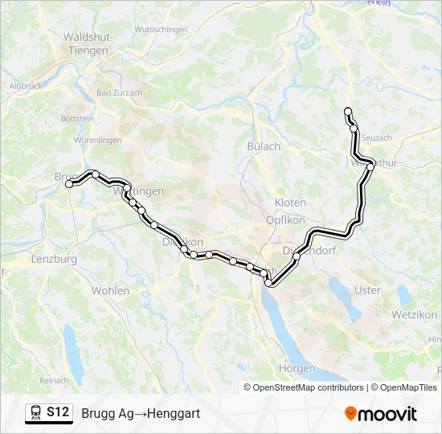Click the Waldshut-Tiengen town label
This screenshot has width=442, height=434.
pyautogui.click(x=88, y=43)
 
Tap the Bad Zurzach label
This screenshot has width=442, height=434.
pyautogui.click(x=119, y=92)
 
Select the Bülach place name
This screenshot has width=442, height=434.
pyautogui.click(x=264, y=146)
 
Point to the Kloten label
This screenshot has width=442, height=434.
pyautogui.click(x=290, y=203)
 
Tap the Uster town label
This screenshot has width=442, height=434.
pyautogui.click(x=367, y=290)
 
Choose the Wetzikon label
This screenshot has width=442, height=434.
pyautogui.click(x=415, y=313)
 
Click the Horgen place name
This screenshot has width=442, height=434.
pyautogui.click(x=297, y=368)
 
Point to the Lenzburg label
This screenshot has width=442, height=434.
pyautogui.click(x=54, y=260)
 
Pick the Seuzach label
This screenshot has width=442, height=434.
pyautogui.click(x=377, y=138)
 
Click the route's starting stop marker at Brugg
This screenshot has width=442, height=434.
pyautogui.click(x=69, y=184)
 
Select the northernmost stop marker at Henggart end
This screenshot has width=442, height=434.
pyautogui.click(x=348, y=111)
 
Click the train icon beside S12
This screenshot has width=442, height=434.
pyautogui.click(x=36, y=413)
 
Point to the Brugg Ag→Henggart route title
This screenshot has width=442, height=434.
pyautogui.click(x=141, y=413)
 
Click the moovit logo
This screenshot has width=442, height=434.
pyautogui.click(x=381, y=414)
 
